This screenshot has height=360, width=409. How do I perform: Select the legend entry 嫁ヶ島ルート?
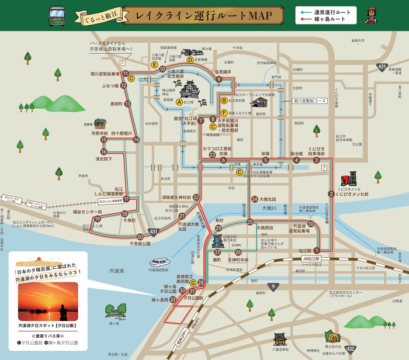[330, 19]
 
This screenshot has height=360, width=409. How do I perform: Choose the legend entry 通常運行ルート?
[330, 11]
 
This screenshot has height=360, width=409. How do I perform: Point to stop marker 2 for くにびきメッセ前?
[331, 193]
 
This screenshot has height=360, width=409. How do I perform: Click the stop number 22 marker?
[196, 198]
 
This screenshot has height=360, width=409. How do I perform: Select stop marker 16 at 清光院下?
[103, 152]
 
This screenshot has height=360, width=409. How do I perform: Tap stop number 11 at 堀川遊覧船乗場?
[125, 74]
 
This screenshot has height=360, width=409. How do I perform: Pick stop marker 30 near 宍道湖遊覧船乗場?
[311, 224]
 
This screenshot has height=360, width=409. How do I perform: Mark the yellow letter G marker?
[192, 282]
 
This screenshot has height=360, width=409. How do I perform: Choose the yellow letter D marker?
[190, 60]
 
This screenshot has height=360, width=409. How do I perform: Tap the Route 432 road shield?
[350, 349]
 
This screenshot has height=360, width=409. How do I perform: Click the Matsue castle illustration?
[190, 91]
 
